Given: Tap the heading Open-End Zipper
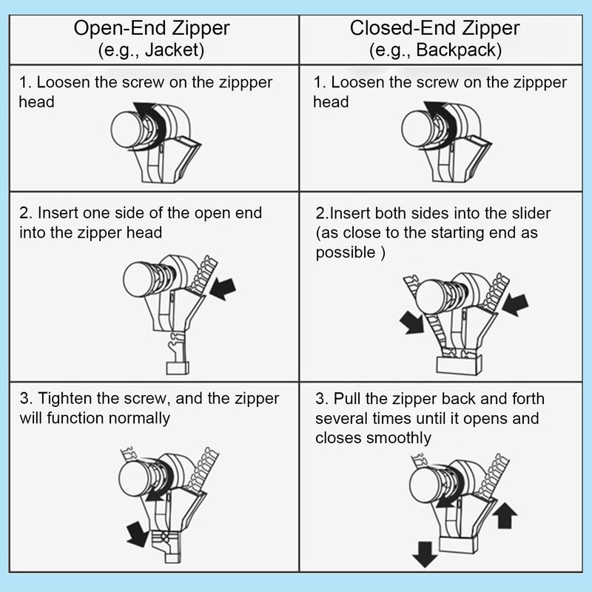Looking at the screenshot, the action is pos(152,28).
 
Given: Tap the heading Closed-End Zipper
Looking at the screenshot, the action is pos(434,28).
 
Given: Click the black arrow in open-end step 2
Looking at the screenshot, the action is pos(223,289).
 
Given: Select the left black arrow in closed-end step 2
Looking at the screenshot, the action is pos(412,322).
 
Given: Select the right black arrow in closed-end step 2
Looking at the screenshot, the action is pos(515,304).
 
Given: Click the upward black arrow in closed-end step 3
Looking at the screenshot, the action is pos(505,515).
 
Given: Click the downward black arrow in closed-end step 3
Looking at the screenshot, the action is pos(425,554).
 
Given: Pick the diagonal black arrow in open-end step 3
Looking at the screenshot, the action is pos(137,534).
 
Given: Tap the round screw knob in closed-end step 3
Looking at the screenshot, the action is pos(425,485).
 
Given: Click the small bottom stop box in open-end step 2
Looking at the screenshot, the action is pos(178,368).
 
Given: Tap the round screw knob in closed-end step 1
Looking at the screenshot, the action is pos(417,129).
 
